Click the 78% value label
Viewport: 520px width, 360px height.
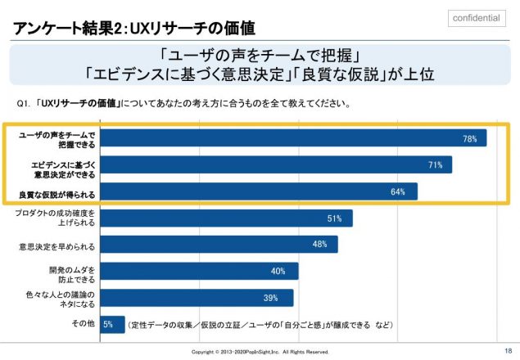[x=470, y=139]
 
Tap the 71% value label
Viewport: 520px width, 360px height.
[x=435, y=165]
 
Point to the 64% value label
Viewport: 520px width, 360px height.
[x=399, y=192]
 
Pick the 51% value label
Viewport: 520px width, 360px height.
[x=334, y=218]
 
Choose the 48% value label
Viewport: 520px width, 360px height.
[x=319, y=245]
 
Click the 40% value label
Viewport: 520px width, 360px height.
[x=278, y=271]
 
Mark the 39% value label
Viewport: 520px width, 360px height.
[x=269, y=298]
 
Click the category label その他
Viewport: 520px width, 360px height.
[x=84, y=324]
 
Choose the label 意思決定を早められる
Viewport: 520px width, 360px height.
[x=57, y=245]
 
